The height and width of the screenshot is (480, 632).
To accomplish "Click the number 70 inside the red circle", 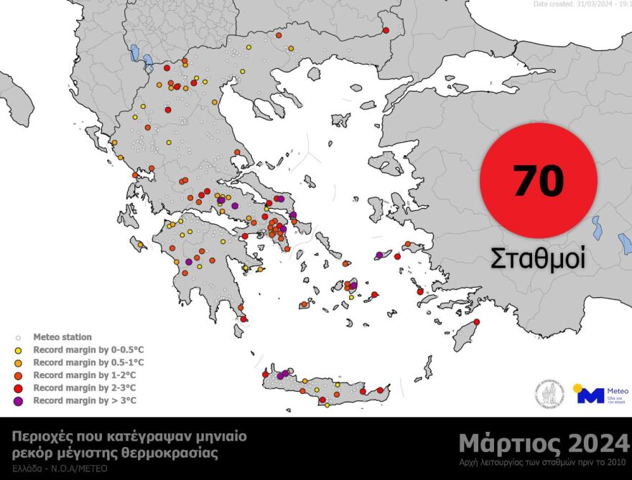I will coord(538,180).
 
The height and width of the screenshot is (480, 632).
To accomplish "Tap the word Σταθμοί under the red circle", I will coord(538,257).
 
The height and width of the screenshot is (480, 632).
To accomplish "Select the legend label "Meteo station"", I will coord(62,337).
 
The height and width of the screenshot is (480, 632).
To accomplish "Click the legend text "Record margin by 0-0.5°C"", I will coord(88,349).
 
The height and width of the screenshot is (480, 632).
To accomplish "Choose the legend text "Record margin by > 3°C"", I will coord(85,400).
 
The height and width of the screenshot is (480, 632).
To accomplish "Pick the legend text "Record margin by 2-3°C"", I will coord(85,387).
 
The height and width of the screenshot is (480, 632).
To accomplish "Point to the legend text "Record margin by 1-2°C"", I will coord(85,375).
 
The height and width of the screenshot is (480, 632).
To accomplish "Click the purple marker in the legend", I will coord(17,400).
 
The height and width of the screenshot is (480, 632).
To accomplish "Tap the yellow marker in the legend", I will coord(17,349).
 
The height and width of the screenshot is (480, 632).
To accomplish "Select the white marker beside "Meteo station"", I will coord(17,337).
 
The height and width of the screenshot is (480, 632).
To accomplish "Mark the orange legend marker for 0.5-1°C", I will coord(17,362).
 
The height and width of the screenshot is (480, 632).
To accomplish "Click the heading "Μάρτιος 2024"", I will coord(544,441).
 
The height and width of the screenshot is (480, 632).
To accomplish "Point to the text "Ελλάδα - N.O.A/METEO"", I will coord(60,468).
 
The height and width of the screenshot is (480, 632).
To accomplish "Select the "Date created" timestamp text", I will coord(582,4).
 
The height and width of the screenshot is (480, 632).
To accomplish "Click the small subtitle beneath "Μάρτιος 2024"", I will coord(544,461).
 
